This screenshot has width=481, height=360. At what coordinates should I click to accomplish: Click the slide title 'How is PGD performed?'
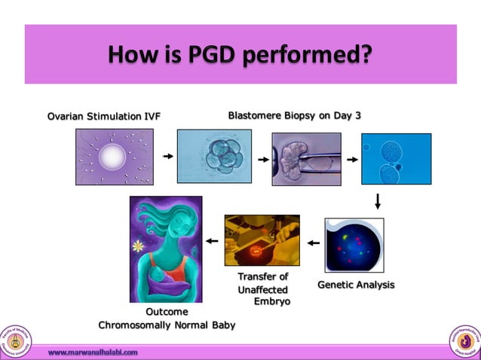pos(240,54)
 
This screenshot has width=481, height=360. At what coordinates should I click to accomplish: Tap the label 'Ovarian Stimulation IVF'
pos(104,115)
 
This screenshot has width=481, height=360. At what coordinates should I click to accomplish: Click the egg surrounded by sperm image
pos(114,157)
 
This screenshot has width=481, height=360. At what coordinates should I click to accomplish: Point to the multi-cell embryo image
pos(214,157)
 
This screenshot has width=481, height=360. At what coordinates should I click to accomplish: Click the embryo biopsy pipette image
pos(306,159)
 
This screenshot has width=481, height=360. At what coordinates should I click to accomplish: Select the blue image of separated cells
pos(396,159)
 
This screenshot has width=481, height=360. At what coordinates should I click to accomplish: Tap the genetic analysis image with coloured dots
pos(354,245)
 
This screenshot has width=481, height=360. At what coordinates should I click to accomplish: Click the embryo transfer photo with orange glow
pos(262,240)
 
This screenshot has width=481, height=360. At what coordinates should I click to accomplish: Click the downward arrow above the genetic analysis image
pos(378,201)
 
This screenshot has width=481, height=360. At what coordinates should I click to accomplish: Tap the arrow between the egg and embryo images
pos(167,157)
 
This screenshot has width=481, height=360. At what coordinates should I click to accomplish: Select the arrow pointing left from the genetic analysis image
pos(313,243)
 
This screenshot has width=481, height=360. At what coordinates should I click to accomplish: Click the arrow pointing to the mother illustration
pos(212,242)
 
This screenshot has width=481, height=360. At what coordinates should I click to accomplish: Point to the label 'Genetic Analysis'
pos(356,285)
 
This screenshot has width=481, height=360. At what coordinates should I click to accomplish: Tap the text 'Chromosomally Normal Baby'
pos(167,325)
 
